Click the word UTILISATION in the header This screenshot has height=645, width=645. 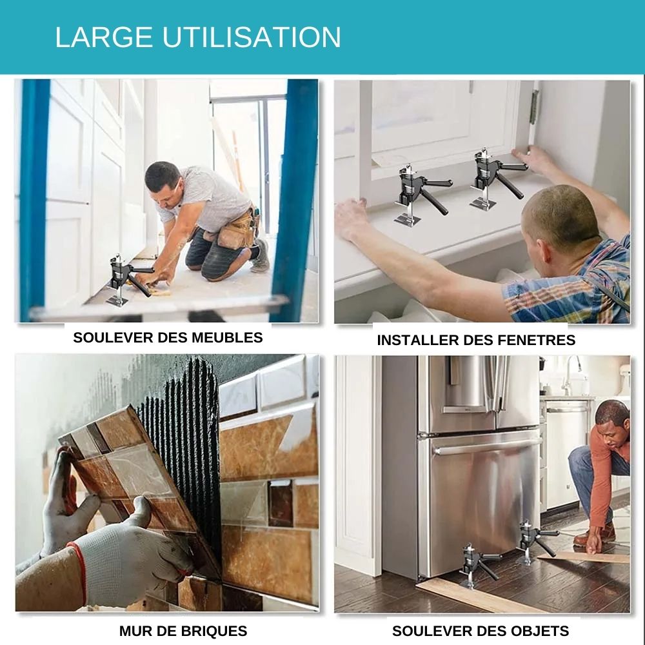click(252, 37)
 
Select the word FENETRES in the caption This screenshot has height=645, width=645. click(537, 340)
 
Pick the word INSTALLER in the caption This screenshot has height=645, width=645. click(418, 340)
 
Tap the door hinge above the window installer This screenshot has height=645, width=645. click(534, 107)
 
